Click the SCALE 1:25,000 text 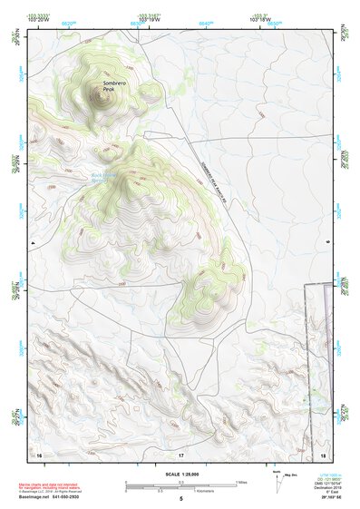(x=180, y=474)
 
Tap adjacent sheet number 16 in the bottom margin (x=39, y=454)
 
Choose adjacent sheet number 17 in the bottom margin (x=180, y=454)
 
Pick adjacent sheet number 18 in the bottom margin (x=323, y=454)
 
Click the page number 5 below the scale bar (x=180, y=500)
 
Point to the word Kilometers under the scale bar (x=206, y=494)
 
